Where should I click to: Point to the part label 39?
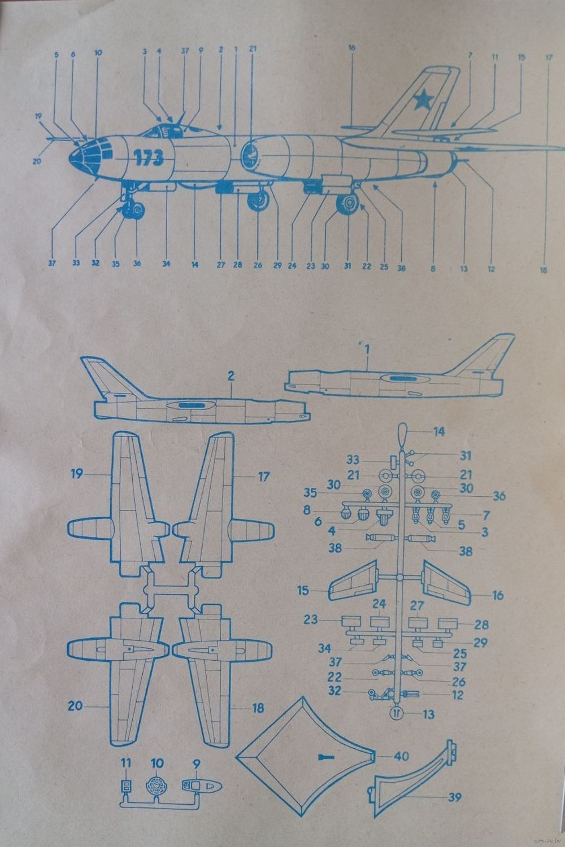click(x=453, y=797)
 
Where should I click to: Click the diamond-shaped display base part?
click(x=305, y=757)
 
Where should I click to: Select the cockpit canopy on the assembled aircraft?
click(x=164, y=130)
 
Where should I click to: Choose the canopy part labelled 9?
click(x=202, y=787)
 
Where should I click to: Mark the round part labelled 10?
click(x=157, y=786)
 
